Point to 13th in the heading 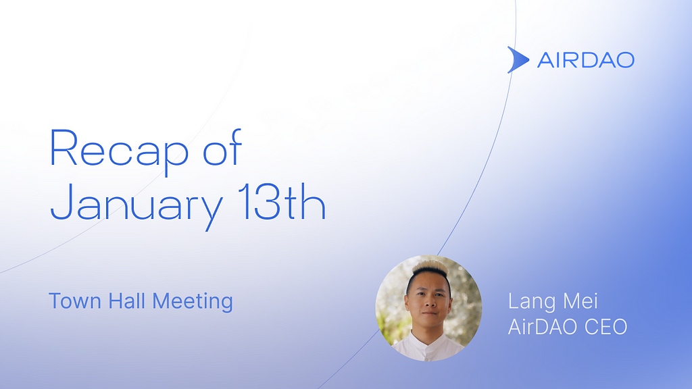point(282,202)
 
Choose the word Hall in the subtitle point(127,301)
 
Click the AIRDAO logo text point(586,60)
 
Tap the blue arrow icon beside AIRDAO point(517,59)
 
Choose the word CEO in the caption point(605,328)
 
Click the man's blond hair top point(429,267)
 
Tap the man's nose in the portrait point(427,303)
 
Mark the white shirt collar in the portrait point(425,340)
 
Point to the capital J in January point(61,202)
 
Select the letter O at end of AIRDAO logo point(625,60)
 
